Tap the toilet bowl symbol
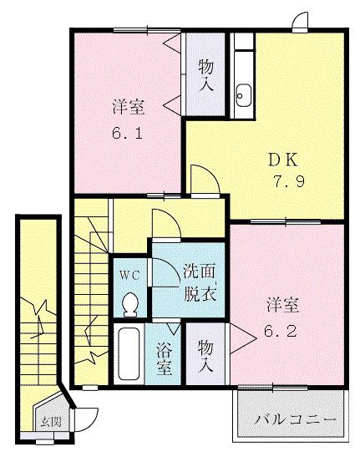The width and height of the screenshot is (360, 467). coord(129,306)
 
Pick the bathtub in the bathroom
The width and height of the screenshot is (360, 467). coord(129,355)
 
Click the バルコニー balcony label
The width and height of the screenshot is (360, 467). coord(296,418)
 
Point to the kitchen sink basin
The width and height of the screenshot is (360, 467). coord(244,96)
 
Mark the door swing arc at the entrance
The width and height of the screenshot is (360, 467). coord(86,414)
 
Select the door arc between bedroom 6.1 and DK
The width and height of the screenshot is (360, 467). coord(202,177)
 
